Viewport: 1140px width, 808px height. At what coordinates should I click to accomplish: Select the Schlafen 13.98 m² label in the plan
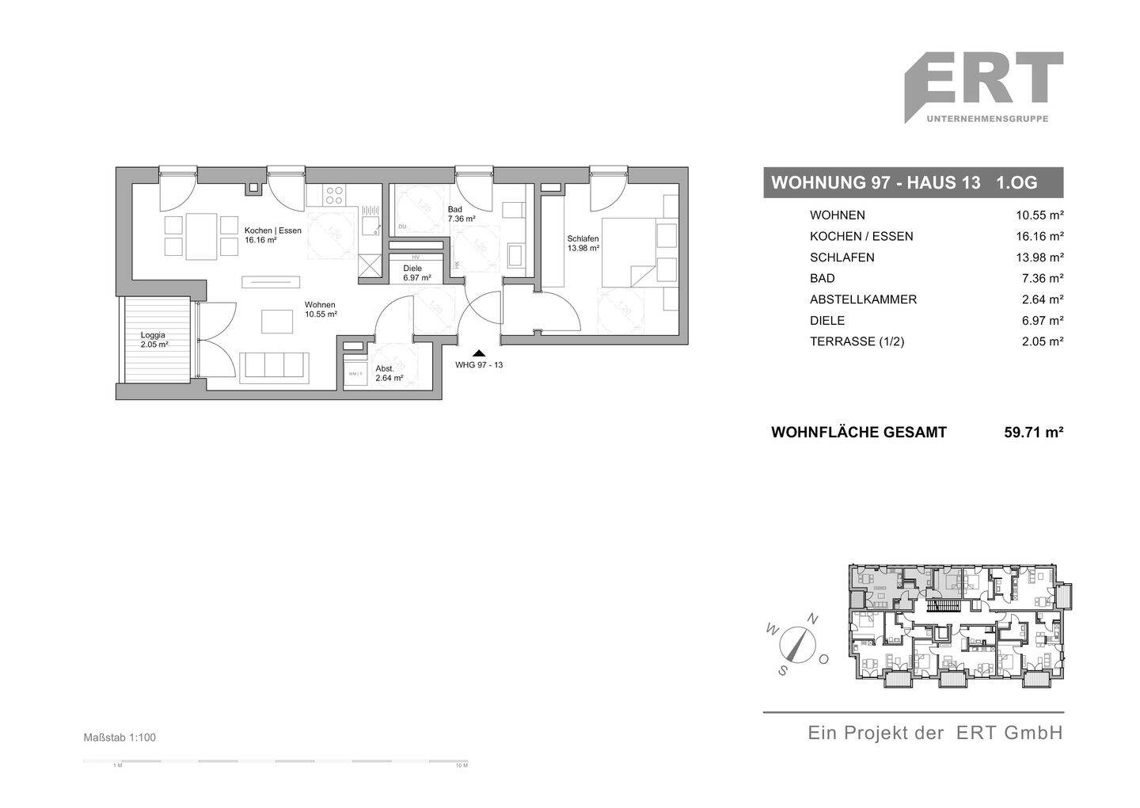pyautogui.click(x=583, y=243)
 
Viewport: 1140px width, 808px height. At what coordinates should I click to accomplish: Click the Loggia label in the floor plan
pyautogui.click(x=154, y=340)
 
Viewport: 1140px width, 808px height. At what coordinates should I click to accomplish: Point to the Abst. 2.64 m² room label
pyautogui.click(x=389, y=373)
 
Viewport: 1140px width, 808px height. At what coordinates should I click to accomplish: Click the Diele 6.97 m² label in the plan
pyautogui.click(x=416, y=273)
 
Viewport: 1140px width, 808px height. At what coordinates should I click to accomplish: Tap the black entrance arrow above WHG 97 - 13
pyautogui.click(x=478, y=353)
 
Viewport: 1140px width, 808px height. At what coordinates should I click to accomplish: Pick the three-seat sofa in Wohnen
pyautogui.click(x=275, y=365)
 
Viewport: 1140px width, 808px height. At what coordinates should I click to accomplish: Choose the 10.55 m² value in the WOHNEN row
pyautogui.click(x=1039, y=215)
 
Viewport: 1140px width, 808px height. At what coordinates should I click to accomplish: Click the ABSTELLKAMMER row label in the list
pyautogui.click(x=863, y=299)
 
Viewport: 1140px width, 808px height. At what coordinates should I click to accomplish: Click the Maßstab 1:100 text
pyautogui.click(x=120, y=737)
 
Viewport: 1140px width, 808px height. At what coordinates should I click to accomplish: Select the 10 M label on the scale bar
pyautogui.click(x=461, y=766)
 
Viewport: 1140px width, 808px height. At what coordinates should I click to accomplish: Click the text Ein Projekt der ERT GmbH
pyautogui.click(x=934, y=733)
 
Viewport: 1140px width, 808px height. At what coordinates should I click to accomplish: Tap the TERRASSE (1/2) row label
pyautogui.click(x=857, y=341)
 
